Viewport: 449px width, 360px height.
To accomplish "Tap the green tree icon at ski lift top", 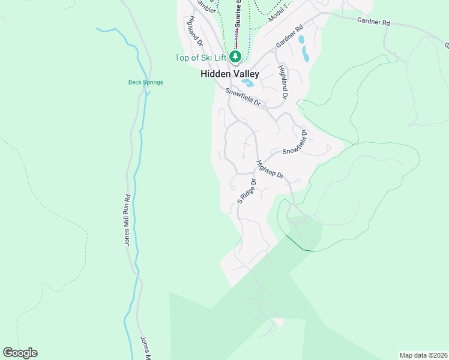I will point(237,57).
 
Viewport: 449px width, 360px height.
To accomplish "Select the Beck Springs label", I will point(145,82).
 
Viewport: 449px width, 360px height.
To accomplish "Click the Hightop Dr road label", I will point(269,171).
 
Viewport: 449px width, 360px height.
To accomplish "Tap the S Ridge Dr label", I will point(246,191).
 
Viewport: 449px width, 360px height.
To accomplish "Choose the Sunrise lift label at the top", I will point(238,14).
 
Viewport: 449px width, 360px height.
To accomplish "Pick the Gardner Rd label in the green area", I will point(373,22).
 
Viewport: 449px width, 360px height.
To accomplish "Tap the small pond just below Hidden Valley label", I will point(247,83).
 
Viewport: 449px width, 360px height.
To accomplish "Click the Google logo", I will point(20,353).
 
